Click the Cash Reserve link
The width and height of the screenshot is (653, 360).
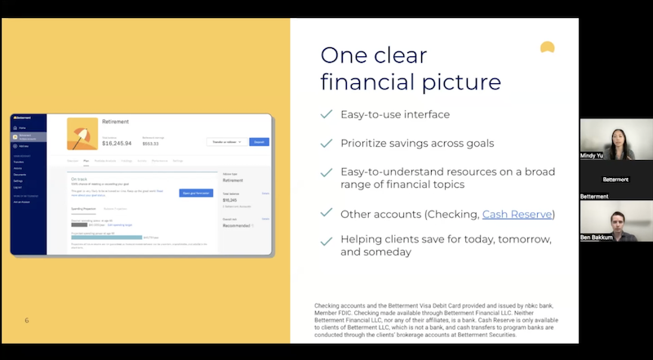[x=518, y=214]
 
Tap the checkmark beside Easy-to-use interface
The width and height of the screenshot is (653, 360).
[x=326, y=114]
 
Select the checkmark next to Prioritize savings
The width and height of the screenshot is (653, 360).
[x=326, y=143]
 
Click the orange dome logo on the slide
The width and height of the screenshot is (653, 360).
[x=548, y=47]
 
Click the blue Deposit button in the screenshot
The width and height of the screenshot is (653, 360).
[x=259, y=141]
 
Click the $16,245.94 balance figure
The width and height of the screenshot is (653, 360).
[x=117, y=143]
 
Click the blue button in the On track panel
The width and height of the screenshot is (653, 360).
[x=196, y=193]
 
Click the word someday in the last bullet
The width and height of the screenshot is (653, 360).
[x=389, y=252]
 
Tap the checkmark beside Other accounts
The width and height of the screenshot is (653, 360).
[x=326, y=214]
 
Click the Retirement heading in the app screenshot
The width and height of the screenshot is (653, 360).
[x=120, y=122]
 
